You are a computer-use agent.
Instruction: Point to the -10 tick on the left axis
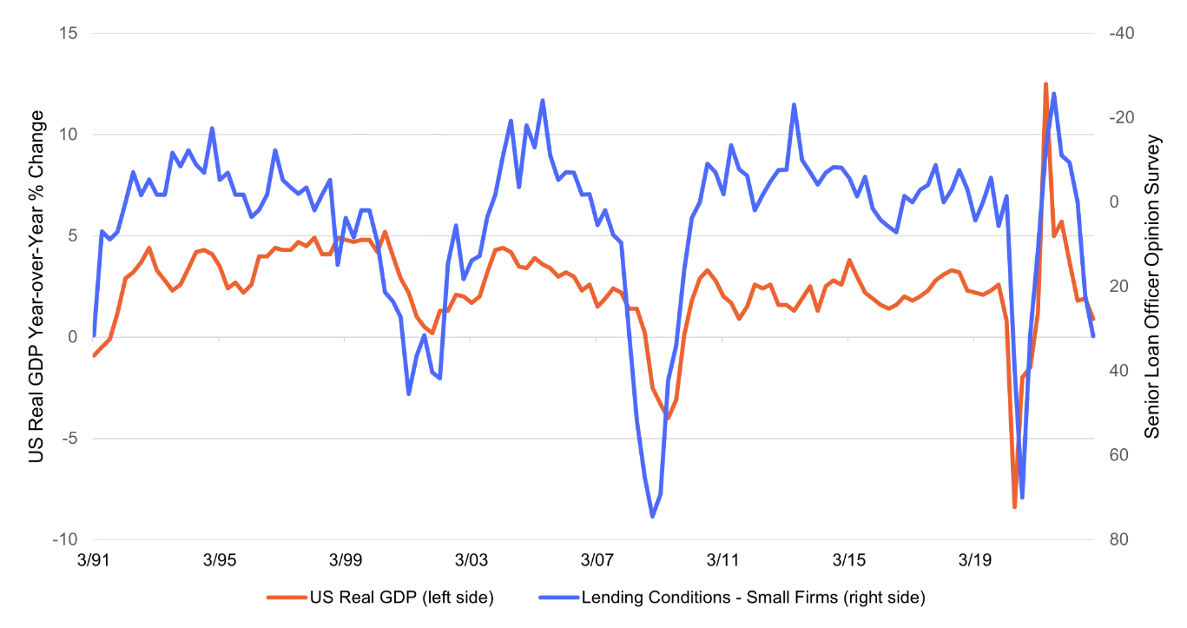[65, 539]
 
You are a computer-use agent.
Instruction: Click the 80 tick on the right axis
[1116, 539]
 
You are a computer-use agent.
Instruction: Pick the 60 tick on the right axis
[1116, 455]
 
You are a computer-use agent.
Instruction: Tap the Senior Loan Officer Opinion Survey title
[1152, 287]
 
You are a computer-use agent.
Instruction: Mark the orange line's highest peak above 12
[1045, 84]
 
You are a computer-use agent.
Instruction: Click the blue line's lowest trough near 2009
[652, 517]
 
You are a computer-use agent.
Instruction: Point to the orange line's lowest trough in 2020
[1014, 506]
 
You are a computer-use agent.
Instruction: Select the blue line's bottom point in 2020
[1022, 498]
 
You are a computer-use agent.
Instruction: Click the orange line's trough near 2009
[668, 418]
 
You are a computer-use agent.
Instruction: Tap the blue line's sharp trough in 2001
[409, 394]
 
